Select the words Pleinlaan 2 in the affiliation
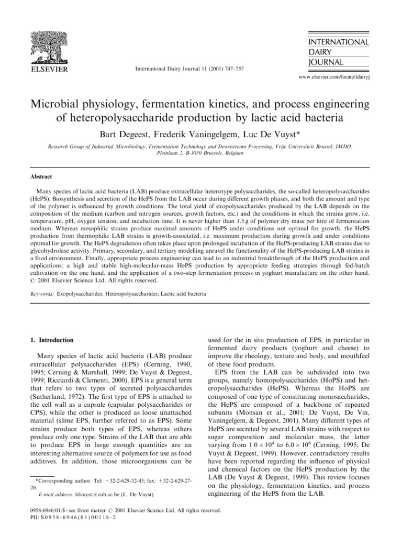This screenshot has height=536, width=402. coord(173,155)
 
